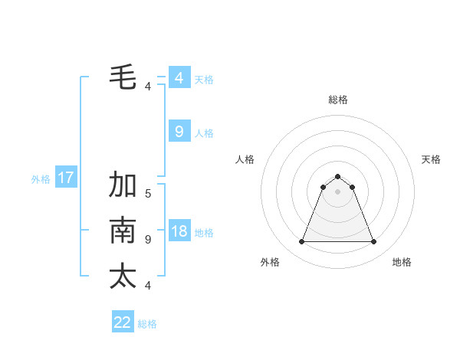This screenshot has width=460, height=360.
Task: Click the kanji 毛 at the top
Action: [123, 77]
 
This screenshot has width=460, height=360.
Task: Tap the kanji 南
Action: [123, 231]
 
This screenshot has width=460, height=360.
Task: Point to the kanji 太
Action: [123, 277]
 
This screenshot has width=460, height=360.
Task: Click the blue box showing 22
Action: [123, 322]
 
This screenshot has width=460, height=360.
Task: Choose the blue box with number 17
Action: [65, 178]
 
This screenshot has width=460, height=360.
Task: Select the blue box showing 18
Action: [179, 231]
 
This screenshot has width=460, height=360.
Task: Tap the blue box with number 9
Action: [179, 132]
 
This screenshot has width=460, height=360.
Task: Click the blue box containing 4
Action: [179, 78]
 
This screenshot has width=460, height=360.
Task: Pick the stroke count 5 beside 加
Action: [148, 194]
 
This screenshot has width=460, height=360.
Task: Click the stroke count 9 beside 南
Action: [148, 240]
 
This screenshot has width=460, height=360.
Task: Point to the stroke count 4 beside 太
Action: [148, 286]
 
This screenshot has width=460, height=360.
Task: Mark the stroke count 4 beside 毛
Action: [148, 87]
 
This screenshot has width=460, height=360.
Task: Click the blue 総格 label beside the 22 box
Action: [147, 324]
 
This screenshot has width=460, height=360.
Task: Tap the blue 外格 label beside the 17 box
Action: [41, 179]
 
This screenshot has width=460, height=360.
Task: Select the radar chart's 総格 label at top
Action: [338, 100]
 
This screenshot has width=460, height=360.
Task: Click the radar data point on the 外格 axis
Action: [301, 242]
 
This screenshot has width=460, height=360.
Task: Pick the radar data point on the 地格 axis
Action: [374, 242]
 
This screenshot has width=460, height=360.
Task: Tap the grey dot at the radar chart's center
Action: [338, 191]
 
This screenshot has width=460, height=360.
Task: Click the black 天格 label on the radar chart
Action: [431, 159]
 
